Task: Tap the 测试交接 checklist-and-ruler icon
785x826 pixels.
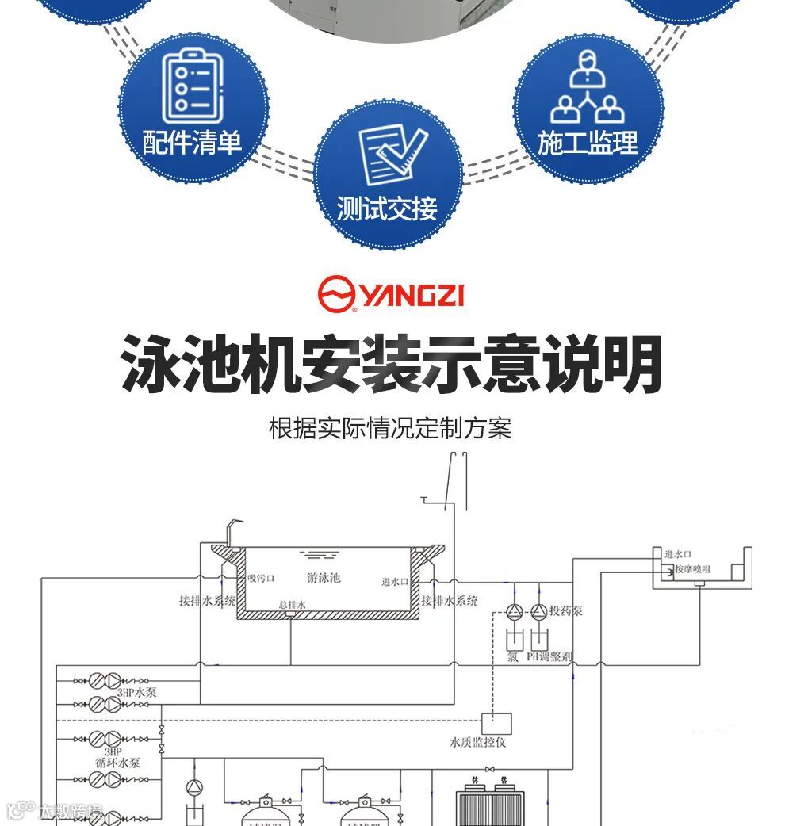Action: pos(388,155)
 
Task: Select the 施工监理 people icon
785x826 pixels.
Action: pos(588,87)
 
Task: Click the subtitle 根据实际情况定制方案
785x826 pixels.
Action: pos(391,429)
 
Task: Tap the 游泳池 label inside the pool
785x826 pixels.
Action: pos(324,578)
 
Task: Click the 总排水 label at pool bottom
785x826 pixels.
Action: pos(292,605)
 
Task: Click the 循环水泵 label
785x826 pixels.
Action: pos(114,762)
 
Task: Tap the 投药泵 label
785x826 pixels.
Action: pos(566,610)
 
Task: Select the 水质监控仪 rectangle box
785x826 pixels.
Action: pos(497,724)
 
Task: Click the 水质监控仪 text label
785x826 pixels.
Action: pos(478,743)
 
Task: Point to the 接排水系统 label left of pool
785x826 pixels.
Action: pos(207,601)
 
